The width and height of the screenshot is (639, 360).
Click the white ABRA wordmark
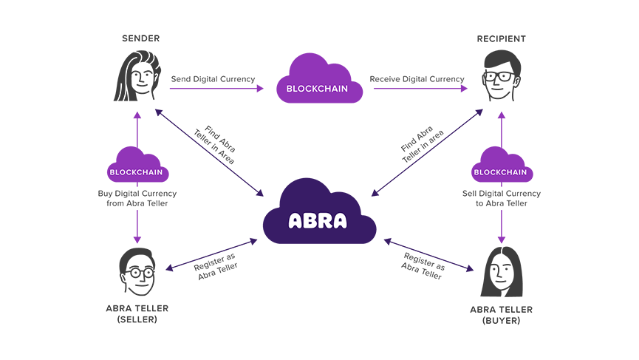point(318,220)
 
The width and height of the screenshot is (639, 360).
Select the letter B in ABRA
point(310,220)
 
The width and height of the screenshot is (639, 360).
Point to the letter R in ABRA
point(324,220)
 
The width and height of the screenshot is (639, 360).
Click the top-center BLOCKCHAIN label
point(317,89)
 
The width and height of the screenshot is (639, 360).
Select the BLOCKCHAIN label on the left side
point(136,172)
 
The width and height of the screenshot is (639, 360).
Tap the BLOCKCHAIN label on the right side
point(500,172)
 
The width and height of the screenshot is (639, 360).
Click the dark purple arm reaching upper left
point(177,133)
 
